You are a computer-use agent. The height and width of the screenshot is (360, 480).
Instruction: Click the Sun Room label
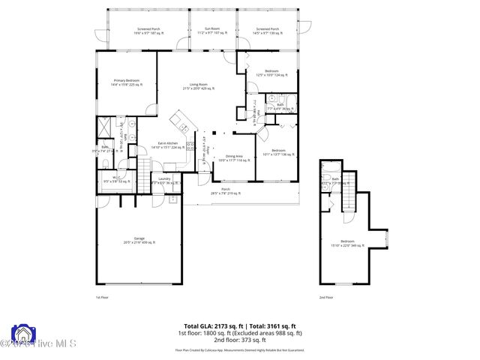click(x=211, y=31)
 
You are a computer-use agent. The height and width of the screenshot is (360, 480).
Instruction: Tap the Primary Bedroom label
click(x=126, y=82)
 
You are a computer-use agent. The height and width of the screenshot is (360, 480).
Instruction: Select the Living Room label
click(x=198, y=87)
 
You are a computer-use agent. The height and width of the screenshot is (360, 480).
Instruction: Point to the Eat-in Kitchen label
click(x=167, y=145)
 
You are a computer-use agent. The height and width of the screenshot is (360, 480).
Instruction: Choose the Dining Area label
click(x=232, y=158)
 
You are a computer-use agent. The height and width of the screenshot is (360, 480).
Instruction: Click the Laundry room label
click(x=165, y=180)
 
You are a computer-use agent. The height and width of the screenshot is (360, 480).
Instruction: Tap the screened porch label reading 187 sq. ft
click(x=147, y=31)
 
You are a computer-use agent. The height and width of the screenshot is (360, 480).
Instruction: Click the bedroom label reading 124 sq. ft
click(x=271, y=73)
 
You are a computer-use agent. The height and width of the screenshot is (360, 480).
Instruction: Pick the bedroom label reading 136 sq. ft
click(x=278, y=151)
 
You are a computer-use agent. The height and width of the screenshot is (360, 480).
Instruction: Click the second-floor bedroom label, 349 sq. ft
click(x=347, y=242)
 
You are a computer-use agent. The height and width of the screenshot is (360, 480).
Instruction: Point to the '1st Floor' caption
click(x=102, y=298)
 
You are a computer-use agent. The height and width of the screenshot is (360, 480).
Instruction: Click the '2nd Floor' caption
click(x=326, y=298)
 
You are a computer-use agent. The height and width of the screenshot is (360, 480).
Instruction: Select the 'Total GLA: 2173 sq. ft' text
click(x=205, y=326)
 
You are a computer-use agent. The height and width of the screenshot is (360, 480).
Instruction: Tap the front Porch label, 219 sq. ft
click(x=226, y=191)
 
